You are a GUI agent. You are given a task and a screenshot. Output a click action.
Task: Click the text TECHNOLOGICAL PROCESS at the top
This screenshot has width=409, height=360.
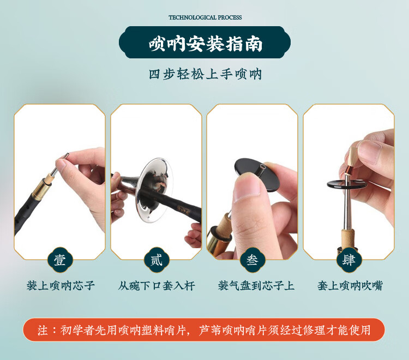pyautogui.click(x=205, y=17)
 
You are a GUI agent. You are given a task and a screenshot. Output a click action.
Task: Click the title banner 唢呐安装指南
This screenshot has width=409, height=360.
pyautogui.click(x=204, y=43)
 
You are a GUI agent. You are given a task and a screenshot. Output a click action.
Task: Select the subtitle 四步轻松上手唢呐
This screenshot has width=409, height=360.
pyautogui.click(x=205, y=74)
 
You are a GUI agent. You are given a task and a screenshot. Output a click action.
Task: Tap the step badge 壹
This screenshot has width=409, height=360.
pyautogui.click(x=60, y=260)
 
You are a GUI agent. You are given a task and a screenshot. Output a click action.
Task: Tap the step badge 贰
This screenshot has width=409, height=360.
pyautogui.click(x=156, y=260)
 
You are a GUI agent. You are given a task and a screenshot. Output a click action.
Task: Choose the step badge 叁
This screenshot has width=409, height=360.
pyautogui.click(x=252, y=260)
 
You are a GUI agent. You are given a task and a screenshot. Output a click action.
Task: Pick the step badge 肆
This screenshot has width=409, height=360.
pyautogui.click(x=348, y=260)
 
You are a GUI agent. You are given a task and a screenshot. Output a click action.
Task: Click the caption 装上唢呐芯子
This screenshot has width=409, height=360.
pyautogui.click(x=61, y=286)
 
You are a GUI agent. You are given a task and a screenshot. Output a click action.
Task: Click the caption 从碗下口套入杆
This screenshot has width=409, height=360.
pyautogui.click(x=156, y=286)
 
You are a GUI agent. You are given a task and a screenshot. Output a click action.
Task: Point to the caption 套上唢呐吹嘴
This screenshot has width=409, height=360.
pyautogui.click(x=350, y=286)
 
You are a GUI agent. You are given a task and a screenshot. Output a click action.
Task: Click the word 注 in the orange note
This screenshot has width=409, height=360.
pyautogui.click(x=43, y=330)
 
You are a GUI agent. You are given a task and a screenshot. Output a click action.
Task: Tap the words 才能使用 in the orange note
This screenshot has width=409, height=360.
pyautogui.click(x=353, y=330)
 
